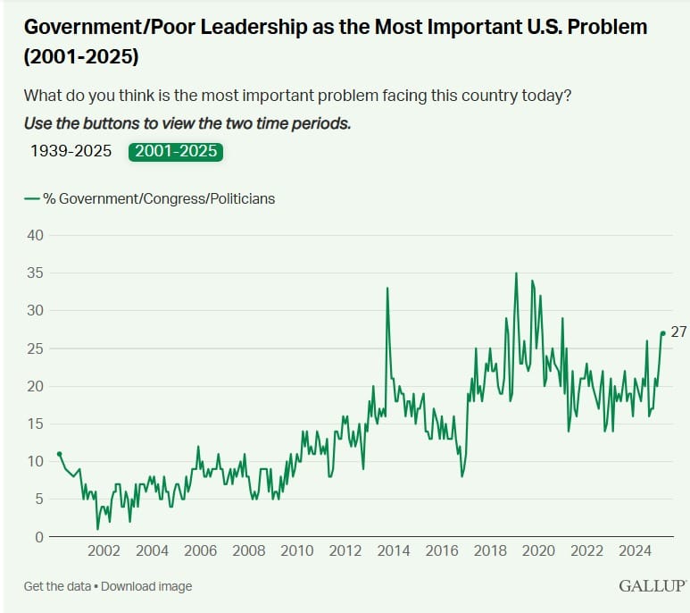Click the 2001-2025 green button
[176, 151]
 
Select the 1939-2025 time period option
[71, 151]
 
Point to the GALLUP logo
[652, 586]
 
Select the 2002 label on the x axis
[104, 551]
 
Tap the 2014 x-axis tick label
[394, 551]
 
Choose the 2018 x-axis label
[490, 551]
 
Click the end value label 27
[678, 332]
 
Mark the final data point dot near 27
[662, 333]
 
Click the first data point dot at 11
[59, 454]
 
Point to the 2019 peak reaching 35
[516, 273]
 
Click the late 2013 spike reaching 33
[387, 289]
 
